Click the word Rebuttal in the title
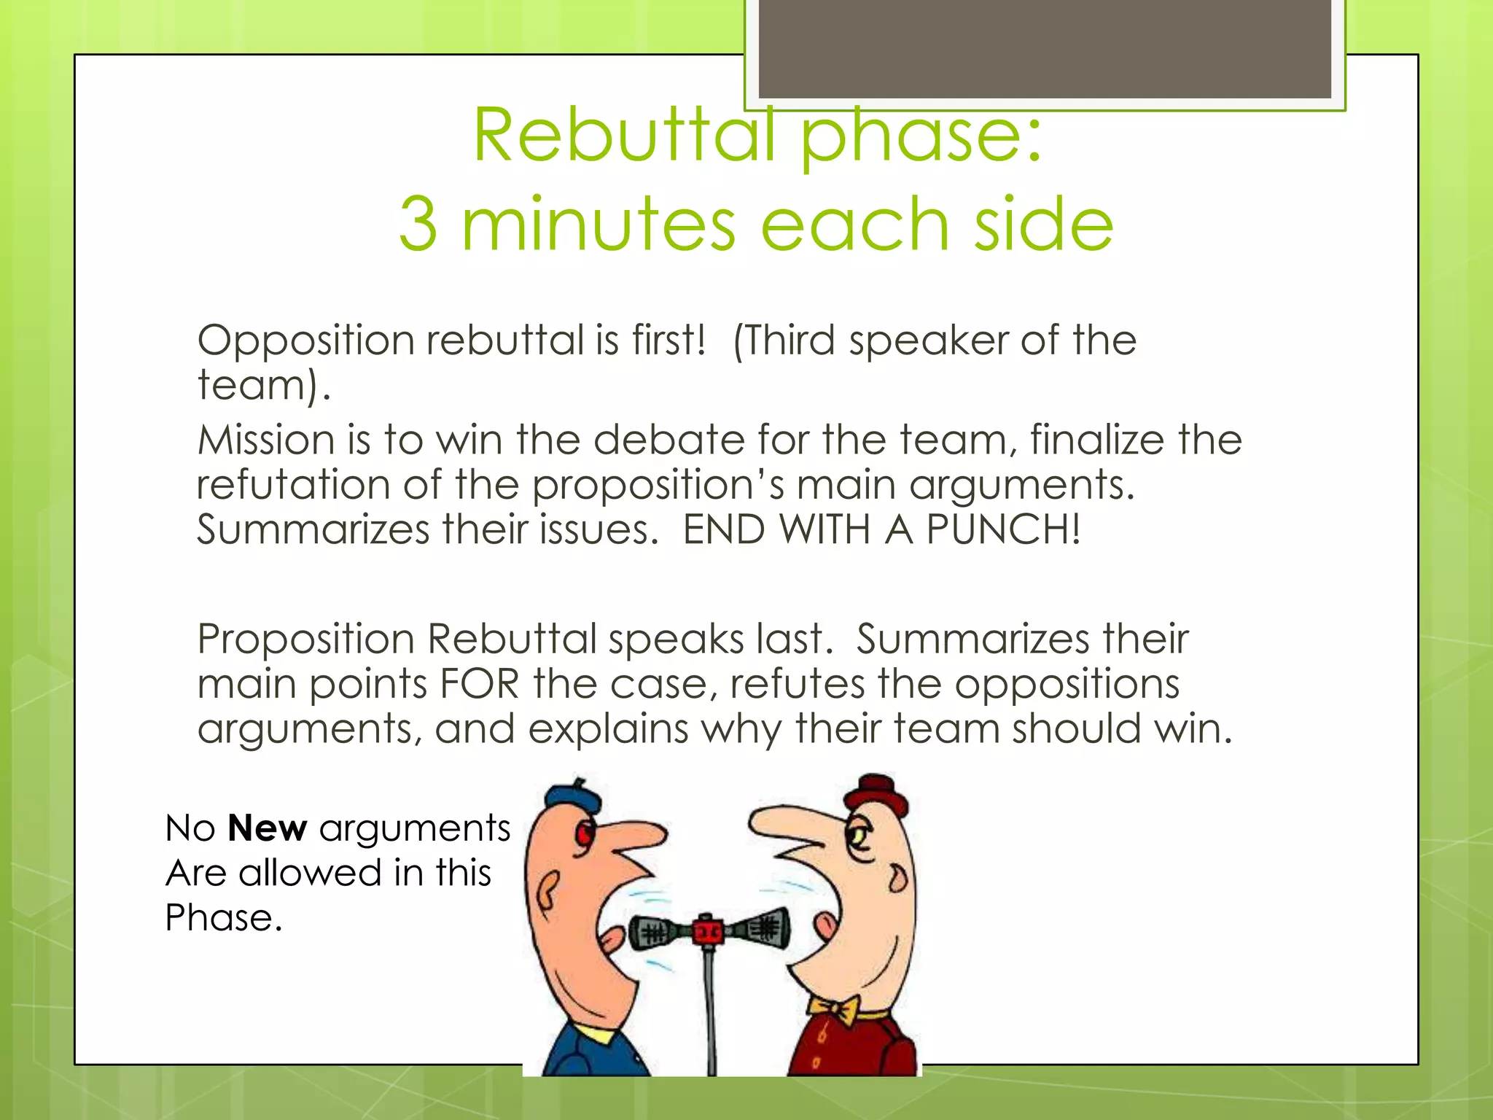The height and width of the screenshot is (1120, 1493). [x=623, y=136]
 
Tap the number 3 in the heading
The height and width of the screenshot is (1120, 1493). [x=418, y=225]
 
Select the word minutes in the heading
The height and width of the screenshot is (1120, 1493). [x=599, y=225]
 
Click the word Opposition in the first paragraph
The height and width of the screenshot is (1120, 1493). [x=306, y=341]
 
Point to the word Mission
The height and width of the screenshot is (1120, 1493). [x=265, y=440]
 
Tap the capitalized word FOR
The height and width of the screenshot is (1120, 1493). [x=480, y=685]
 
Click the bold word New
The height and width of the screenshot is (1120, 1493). [x=267, y=828]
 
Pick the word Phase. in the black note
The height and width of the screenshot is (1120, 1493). [x=223, y=918]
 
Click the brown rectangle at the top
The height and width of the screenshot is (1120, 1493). [x=1045, y=49]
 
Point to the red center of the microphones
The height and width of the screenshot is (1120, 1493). [x=706, y=930]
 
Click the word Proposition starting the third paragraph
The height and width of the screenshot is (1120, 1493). [x=306, y=639]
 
